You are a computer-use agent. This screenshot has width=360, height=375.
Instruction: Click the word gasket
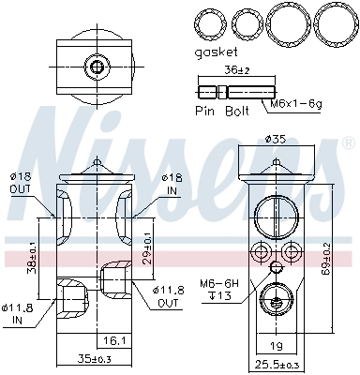point(217,53)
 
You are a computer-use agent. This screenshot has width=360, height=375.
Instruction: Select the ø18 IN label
point(171,183)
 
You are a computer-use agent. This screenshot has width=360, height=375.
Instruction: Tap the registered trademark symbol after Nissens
point(349,143)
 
